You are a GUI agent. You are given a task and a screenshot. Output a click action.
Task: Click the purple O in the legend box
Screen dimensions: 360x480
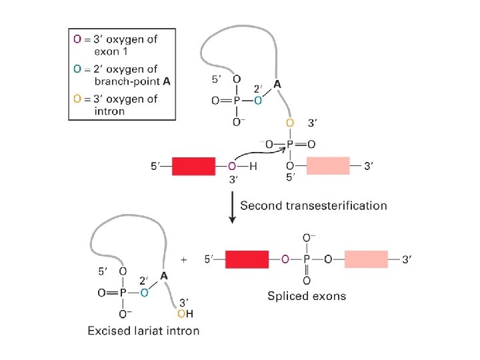[x=77, y=39]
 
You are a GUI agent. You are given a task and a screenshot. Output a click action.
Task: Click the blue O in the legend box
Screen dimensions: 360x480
[x=77, y=69]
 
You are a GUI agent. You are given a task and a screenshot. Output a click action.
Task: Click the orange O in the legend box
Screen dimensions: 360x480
[x=77, y=99]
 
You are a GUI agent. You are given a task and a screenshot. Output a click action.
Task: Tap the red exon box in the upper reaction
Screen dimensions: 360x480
[x=194, y=166]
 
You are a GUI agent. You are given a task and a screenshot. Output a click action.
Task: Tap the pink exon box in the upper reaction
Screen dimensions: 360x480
[x=328, y=166]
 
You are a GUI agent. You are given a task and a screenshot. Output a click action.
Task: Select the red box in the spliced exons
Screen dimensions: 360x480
[x=247, y=259]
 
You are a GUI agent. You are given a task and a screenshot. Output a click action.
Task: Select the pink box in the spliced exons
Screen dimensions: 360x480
[x=366, y=259]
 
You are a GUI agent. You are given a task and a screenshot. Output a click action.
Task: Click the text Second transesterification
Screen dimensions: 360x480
[x=313, y=205]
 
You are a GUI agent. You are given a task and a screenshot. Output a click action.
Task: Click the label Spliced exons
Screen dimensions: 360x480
[x=307, y=295]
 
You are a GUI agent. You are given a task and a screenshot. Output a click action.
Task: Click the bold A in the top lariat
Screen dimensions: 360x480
[x=278, y=84]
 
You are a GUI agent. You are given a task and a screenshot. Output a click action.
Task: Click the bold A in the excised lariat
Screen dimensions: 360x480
[x=164, y=276]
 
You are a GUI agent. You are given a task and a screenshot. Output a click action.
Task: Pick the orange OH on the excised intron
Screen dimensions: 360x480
[x=185, y=313]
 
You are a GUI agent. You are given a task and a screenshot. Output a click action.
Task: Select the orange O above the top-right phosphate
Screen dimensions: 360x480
[x=289, y=123]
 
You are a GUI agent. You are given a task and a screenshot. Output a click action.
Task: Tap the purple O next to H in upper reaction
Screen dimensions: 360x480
[x=232, y=166]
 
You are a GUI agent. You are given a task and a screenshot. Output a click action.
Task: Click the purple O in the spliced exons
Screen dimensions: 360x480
[x=285, y=259]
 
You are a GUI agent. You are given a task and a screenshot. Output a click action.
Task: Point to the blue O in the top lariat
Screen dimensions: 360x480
[x=258, y=101]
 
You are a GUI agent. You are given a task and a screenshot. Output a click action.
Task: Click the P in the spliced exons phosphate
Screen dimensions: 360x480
[x=307, y=259]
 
